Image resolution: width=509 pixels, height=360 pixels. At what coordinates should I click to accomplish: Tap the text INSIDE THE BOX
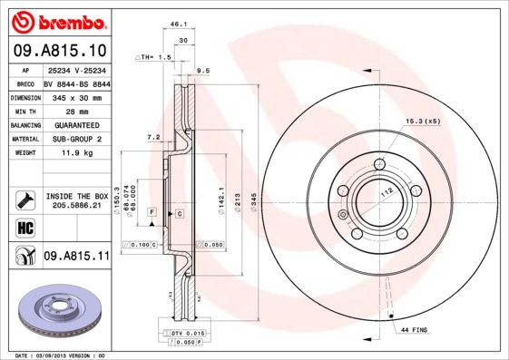pos(75,196)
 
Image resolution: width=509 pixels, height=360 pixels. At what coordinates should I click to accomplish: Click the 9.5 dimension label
pos(203,70)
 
